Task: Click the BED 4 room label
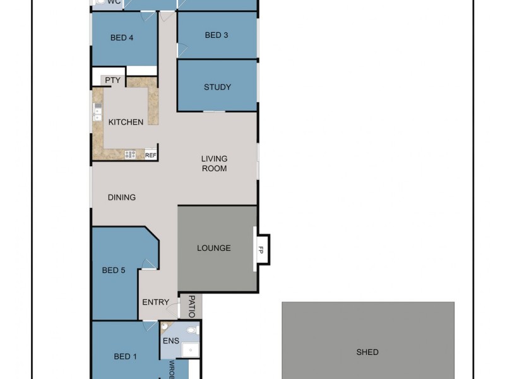point(122,38)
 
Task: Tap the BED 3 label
point(217,35)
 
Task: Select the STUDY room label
point(217,87)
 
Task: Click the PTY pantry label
point(112,80)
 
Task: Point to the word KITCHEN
point(126,122)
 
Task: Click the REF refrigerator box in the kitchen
point(151,155)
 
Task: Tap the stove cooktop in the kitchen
point(131,154)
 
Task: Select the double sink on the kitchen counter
point(98,112)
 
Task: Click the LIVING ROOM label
point(214,164)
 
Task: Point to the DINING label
point(122,198)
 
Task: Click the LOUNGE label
point(214,248)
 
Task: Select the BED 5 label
point(114,270)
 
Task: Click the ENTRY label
point(155,303)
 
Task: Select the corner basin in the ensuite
point(165,327)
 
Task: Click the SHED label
point(367,352)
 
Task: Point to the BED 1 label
point(125,357)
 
